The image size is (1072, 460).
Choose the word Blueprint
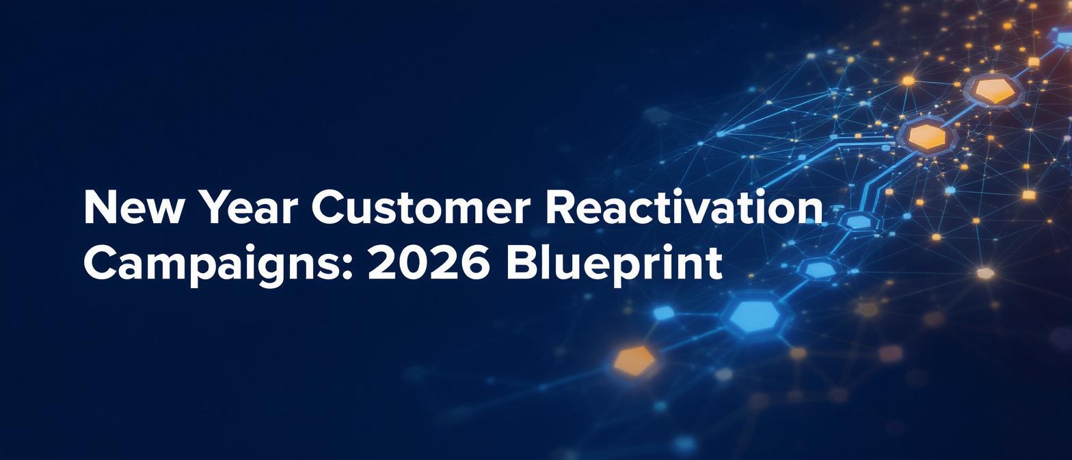point(614,264)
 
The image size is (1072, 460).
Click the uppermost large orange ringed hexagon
point(995,90)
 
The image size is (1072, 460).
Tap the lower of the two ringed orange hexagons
point(928,136)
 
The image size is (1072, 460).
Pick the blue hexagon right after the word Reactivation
point(859,222)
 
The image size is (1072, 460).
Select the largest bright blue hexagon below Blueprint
point(755,316)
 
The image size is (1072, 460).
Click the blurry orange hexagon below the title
point(634,361)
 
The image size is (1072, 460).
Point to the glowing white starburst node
point(985,273)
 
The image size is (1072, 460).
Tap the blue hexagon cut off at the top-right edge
point(1063,36)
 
